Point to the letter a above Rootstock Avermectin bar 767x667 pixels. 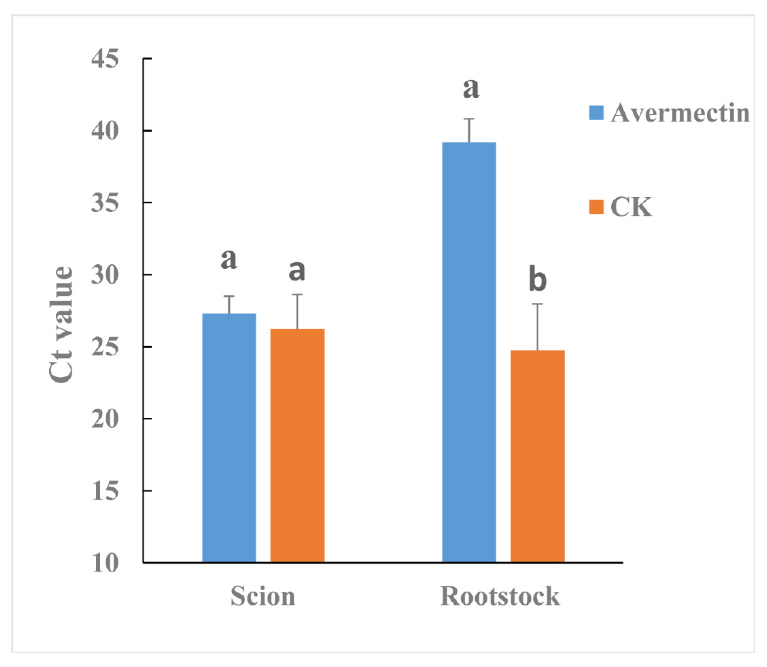pyautogui.click(x=471, y=89)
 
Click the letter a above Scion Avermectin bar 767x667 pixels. pyautogui.click(x=229, y=259)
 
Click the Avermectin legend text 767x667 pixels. pyautogui.click(x=680, y=113)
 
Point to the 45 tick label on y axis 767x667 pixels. pyautogui.click(x=105, y=59)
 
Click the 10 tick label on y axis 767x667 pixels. pyautogui.click(x=105, y=563)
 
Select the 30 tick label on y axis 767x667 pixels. pyautogui.click(x=105, y=275)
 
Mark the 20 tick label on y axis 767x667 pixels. pyautogui.click(x=105, y=419)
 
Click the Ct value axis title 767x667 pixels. pyautogui.click(x=61, y=324)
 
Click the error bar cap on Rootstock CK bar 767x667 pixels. pyautogui.click(x=537, y=304)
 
